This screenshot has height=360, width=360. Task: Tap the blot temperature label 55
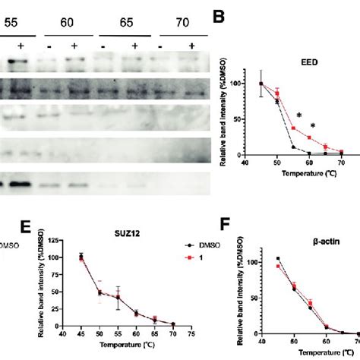click(12, 22)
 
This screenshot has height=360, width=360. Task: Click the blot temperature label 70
click(172, 22)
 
